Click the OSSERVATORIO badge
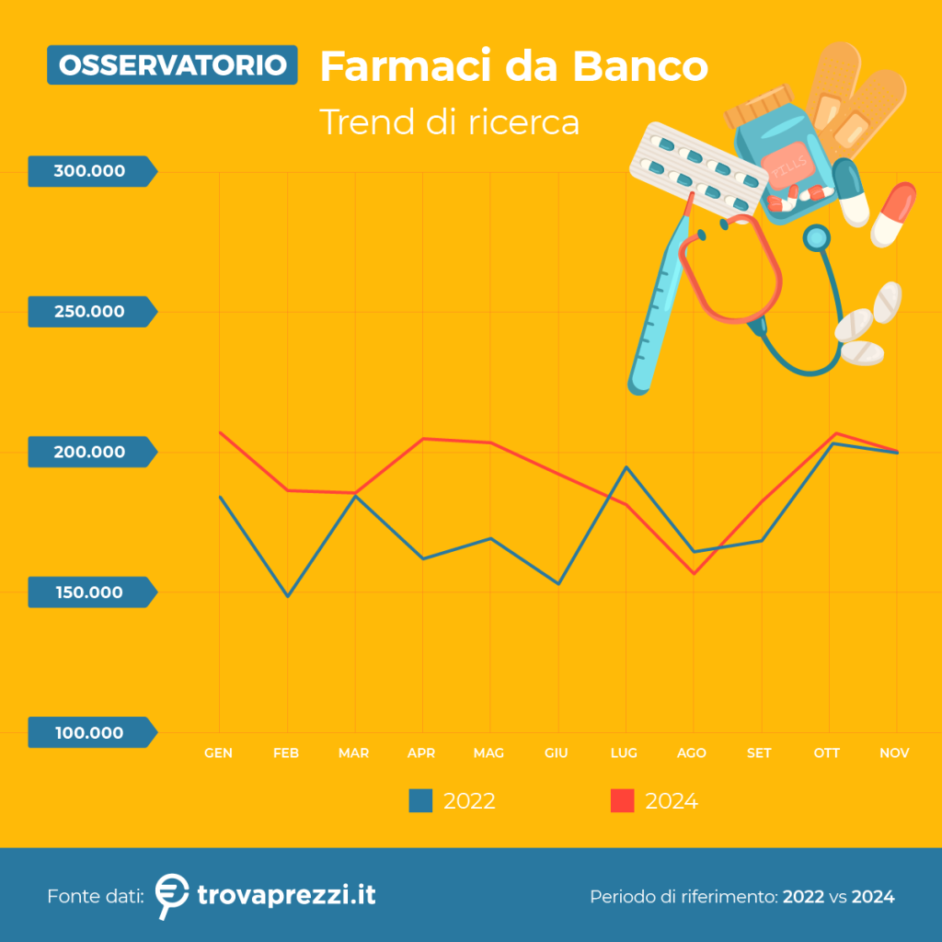click(172, 65)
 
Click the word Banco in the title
click(640, 65)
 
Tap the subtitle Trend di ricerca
click(449, 122)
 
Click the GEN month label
click(218, 753)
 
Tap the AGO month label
click(692, 753)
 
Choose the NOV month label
click(894, 753)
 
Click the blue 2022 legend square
click(420, 801)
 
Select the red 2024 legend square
click(623, 801)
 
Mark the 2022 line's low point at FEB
click(288, 596)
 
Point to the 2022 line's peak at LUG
click(626, 466)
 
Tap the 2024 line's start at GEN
click(220, 432)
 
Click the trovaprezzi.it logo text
click(287, 895)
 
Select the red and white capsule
click(893, 214)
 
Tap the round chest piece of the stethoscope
click(817, 238)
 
